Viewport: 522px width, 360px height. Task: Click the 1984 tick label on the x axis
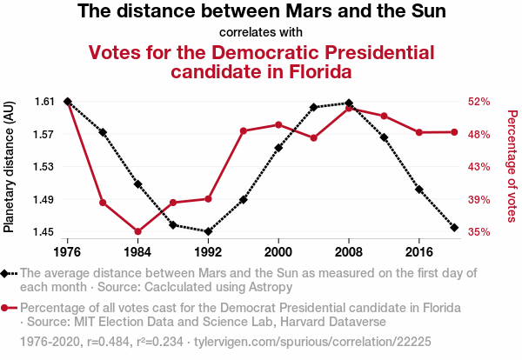(137, 251)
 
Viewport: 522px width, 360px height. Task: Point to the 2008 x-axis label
(349, 251)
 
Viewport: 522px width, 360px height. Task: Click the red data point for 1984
(137, 231)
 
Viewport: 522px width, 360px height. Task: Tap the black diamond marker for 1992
(208, 231)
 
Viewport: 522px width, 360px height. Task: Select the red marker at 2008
(349, 109)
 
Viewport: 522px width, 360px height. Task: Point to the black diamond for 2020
(455, 227)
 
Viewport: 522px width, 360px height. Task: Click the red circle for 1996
(244, 131)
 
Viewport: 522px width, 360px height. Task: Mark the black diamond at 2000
(278, 148)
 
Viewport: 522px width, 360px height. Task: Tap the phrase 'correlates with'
(261, 33)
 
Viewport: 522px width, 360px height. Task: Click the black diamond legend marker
(9, 273)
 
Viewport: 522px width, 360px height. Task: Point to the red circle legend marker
(9, 309)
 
